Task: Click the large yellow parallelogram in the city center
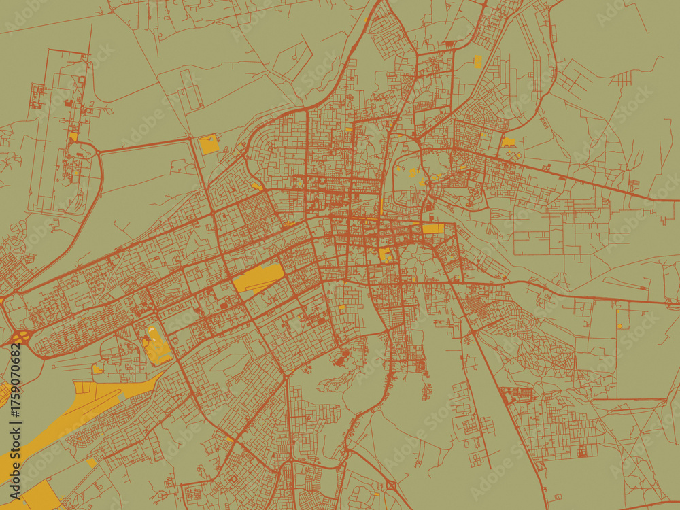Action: (258, 278)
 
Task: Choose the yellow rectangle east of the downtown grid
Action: (432, 228)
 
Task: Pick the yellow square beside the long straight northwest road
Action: (209, 144)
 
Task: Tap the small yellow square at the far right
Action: (619, 326)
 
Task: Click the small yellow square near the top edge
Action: (477, 61)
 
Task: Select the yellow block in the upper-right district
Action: (509, 143)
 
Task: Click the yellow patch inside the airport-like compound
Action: (73, 137)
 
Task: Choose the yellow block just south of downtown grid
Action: (385, 254)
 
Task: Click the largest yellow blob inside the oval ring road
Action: (413, 173)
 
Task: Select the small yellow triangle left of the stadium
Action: (97, 369)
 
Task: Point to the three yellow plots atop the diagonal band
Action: (88, 388)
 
